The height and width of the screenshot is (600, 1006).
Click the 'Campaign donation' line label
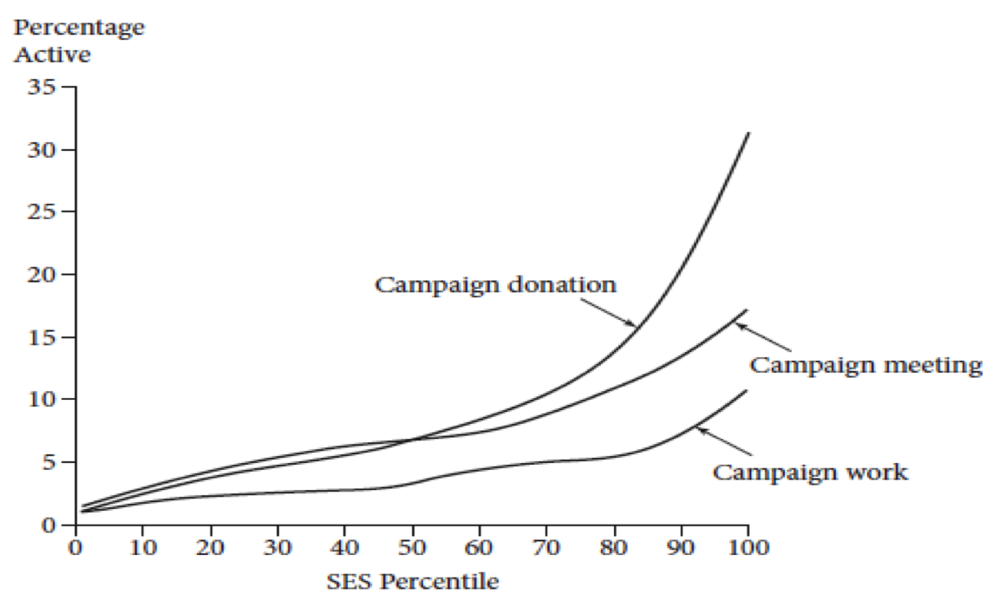495,284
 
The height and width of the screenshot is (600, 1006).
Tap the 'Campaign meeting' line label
866,365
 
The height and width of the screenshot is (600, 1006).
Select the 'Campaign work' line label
810,473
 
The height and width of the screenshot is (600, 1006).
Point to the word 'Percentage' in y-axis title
78,27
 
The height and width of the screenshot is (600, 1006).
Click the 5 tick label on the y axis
49,462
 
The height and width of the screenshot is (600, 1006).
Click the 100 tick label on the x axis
748,548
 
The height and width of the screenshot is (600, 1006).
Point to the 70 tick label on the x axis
545,548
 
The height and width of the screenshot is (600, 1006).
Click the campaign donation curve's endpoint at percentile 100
748,133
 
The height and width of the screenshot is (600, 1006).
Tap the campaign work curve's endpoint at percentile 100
747,391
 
